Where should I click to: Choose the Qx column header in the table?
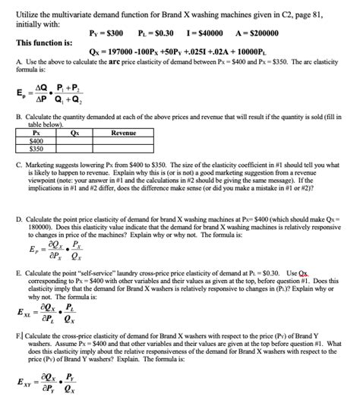(x=74, y=133)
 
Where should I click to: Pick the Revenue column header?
(x=123, y=133)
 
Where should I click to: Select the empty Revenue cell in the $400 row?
(x=123, y=140)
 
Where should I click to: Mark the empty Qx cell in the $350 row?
(x=74, y=148)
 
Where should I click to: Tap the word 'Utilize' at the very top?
(x=27, y=6)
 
